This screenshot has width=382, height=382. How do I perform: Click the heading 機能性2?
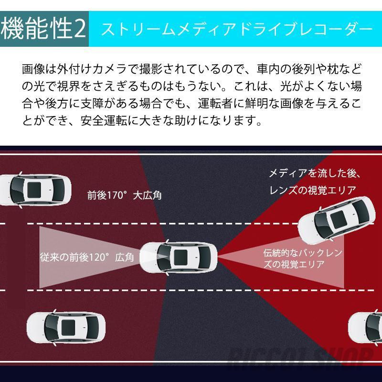[43, 29]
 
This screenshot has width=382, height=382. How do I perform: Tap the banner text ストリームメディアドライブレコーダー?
[237, 30]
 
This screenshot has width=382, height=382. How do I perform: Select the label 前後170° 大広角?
[124, 195]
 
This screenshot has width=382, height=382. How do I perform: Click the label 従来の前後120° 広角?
[87, 257]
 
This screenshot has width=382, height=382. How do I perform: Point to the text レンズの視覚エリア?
[313, 190]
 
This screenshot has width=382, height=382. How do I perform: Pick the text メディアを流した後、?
[315, 173]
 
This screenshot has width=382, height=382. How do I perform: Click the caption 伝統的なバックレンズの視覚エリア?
[303, 258]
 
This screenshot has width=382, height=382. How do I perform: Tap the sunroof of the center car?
[180, 257]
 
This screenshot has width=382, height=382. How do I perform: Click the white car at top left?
[35, 190]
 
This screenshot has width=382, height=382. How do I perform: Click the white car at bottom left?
[66, 328]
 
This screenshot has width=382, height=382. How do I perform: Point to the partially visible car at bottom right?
[365, 328]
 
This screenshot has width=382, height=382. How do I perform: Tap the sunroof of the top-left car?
[34, 190]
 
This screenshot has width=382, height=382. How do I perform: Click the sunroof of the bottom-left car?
[68, 328]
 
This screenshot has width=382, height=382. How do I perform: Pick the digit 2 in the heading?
[80, 29]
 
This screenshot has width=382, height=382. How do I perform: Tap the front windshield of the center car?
[164, 257]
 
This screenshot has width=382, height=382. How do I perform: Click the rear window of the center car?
[205, 257]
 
